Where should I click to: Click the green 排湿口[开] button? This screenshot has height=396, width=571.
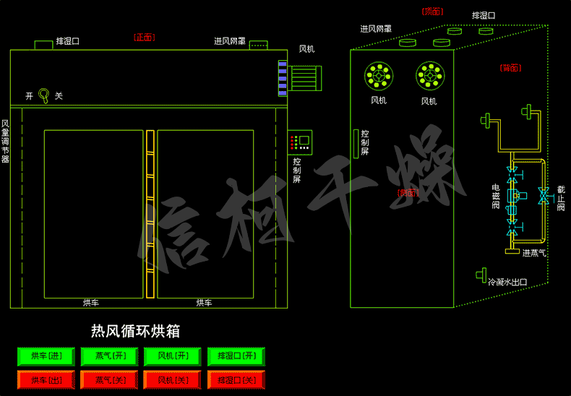pyautogui.click(x=236, y=356)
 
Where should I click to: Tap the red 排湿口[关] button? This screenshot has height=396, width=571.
pyautogui.click(x=236, y=379)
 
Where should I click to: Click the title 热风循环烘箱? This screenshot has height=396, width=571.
pyautogui.click(x=135, y=331)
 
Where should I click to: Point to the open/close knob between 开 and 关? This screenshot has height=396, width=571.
pyautogui.click(x=44, y=95)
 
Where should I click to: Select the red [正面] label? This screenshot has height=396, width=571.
pyautogui.click(x=144, y=37)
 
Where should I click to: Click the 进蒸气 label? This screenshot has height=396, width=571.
pyautogui.click(x=534, y=253)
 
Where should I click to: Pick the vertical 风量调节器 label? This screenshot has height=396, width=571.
pyautogui.click(x=5, y=140)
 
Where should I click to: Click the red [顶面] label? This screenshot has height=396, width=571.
pyautogui.click(x=432, y=12)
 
